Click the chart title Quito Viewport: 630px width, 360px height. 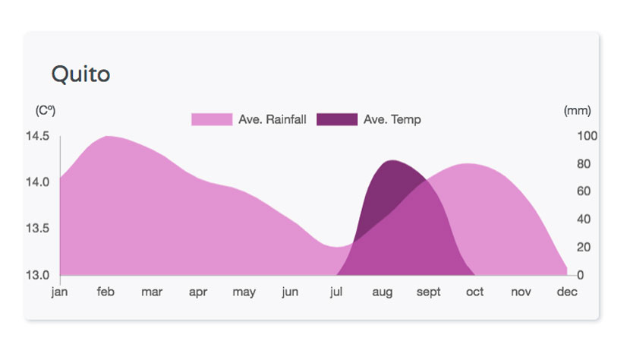click(80, 74)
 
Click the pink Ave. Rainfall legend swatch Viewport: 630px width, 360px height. click(212, 119)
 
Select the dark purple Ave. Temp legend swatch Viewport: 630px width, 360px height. click(337, 119)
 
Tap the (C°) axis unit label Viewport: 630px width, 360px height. click(46, 110)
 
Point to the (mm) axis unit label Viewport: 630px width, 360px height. click(578, 110)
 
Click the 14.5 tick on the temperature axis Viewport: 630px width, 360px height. click(37, 136)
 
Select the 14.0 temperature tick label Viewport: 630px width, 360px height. click(37, 182)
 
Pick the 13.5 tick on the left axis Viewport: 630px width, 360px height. click(37, 229)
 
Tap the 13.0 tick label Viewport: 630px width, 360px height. click(37, 275)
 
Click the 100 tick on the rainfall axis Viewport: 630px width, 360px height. click(587, 136)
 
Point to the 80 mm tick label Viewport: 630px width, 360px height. click(584, 164)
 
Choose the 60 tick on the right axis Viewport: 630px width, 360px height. click(584, 191)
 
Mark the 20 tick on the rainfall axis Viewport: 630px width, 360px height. click(584, 247)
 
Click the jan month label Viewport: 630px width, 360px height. click(59, 292)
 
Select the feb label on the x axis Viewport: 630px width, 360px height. click(106, 291)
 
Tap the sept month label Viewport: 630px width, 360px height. click(428, 292)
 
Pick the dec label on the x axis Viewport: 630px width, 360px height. click(567, 291)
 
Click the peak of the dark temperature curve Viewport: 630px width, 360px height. click(392, 160)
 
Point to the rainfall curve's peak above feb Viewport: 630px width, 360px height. click(107, 137)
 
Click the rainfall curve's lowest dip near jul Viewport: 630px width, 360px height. click(336, 247)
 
